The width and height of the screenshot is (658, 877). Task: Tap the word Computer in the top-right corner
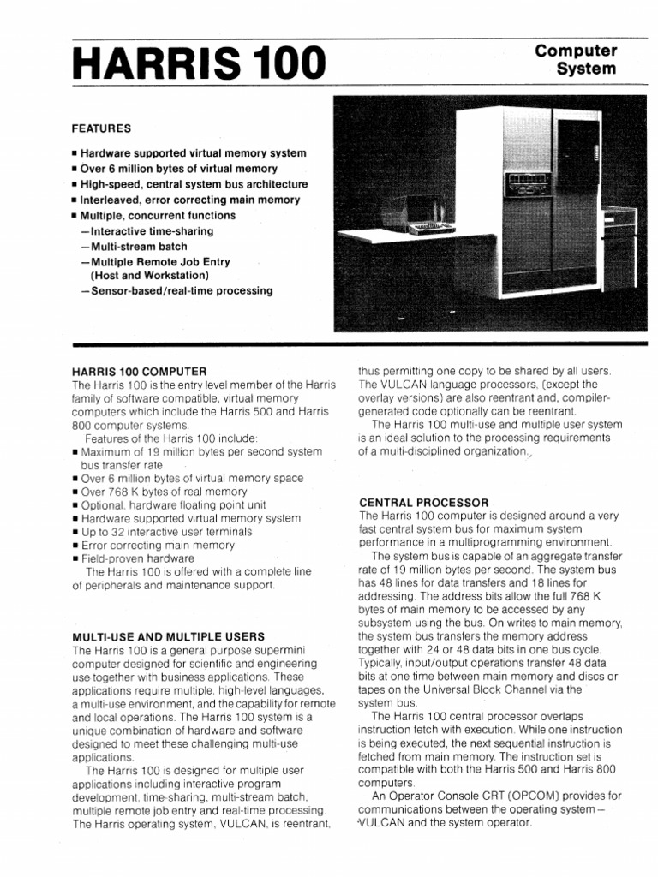pyautogui.click(x=576, y=52)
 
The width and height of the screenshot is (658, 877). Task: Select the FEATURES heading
pyautogui.click(x=101, y=128)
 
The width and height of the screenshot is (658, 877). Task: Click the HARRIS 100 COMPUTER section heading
pyautogui.click(x=140, y=372)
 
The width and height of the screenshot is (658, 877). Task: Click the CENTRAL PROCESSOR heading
pyautogui.click(x=423, y=502)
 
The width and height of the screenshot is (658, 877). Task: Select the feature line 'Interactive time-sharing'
pyautogui.click(x=147, y=231)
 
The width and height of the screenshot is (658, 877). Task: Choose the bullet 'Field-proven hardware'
pyautogui.click(x=137, y=558)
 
